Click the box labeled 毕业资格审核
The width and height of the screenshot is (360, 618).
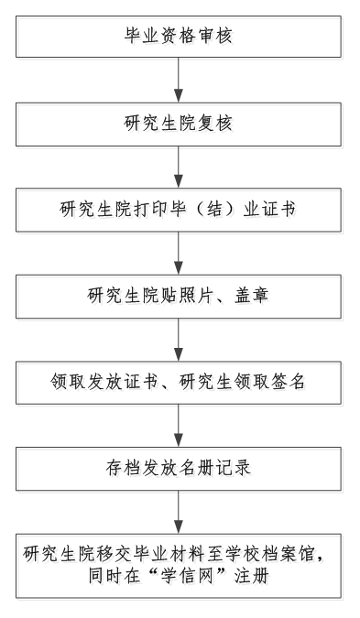pyautogui.click(x=179, y=37)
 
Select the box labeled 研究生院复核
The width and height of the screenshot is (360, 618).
pyautogui.click(x=179, y=125)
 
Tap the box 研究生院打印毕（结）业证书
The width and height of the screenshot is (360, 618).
pyautogui.click(x=179, y=210)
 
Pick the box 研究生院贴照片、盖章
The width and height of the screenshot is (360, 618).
pyautogui.click(x=179, y=297)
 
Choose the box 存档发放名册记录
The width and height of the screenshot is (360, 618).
pyautogui.click(x=179, y=469)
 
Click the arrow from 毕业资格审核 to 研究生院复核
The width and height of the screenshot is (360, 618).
pyautogui.click(x=179, y=80)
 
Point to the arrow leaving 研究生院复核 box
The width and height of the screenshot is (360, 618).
pyautogui.click(x=179, y=168)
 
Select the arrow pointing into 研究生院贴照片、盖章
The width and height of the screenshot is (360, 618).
pyautogui.click(x=179, y=254)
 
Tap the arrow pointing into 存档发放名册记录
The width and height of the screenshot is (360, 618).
pyautogui.click(x=179, y=426)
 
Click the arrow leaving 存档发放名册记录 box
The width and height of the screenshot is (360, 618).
pyautogui.click(x=179, y=513)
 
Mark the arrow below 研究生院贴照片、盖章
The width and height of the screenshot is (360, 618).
pyautogui.click(x=179, y=340)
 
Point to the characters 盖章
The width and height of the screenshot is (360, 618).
pyautogui.click(x=252, y=295)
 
